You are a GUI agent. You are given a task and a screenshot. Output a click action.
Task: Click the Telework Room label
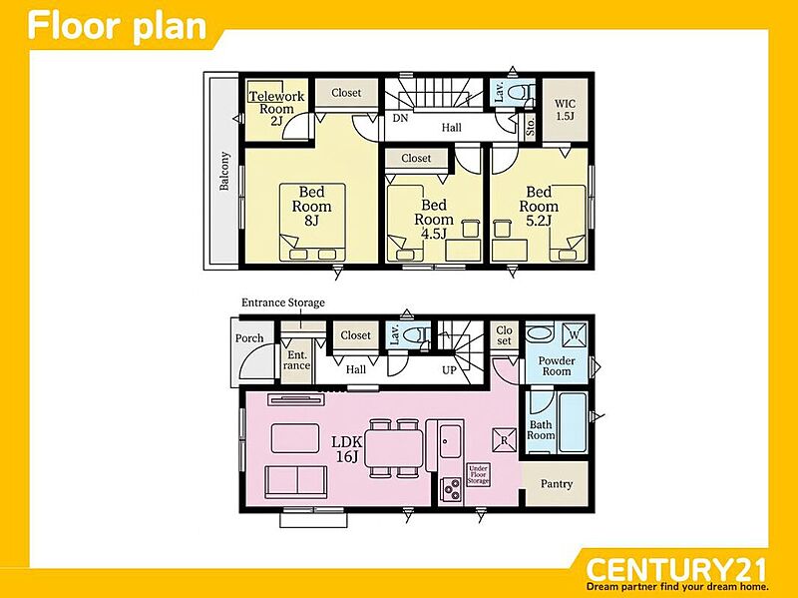pos(277,108)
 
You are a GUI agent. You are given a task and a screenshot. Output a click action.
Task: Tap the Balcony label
pos(223,171)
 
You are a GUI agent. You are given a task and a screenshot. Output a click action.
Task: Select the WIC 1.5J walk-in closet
pos(565,110)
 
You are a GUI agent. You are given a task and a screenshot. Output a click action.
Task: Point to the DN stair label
pos(401,118)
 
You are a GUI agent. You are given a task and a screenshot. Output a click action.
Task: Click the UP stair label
pos(449,370)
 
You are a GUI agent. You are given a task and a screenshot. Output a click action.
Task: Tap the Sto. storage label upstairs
pos(530,126)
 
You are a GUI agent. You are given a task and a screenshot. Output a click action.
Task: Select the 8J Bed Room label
pos(311,206)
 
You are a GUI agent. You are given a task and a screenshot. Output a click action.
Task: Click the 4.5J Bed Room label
pos(434,219)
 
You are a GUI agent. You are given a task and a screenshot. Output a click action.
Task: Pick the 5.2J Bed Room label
pos(539,206)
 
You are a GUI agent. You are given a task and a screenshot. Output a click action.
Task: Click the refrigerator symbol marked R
pos(504,440)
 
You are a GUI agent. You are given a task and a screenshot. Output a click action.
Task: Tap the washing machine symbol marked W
pos(575,335)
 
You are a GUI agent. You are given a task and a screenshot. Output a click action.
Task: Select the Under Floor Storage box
pos(478,474)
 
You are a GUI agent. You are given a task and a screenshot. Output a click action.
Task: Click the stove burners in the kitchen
pos(452,489)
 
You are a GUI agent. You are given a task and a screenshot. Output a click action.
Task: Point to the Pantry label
pos(557,483)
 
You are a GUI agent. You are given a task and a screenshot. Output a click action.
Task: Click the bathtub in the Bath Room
pos(573,422)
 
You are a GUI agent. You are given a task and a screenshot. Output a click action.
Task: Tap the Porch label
pos(249,338)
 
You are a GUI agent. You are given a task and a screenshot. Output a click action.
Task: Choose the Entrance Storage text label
pos(283,302)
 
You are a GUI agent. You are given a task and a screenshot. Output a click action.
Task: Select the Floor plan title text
pos(117,27)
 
